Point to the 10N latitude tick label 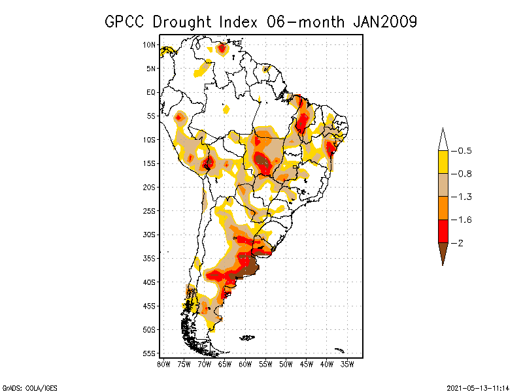click(149, 45)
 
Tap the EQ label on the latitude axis click(151, 93)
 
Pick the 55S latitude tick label click(149, 353)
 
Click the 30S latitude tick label click(149, 235)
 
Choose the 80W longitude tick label click(163, 364)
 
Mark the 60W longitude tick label click(245, 364)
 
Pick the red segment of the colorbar click(443, 231)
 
